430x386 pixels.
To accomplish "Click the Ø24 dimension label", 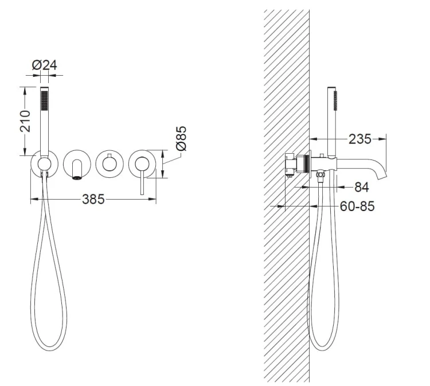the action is [44, 65].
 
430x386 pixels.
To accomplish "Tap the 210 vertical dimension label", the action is [25, 121].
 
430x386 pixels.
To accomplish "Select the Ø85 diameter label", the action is [181, 138].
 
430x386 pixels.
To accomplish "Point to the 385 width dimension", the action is [93, 199].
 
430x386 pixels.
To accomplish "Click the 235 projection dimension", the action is [360, 139].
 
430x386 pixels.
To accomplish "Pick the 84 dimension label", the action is [362, 187].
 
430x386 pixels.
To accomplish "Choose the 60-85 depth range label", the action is [357, 206].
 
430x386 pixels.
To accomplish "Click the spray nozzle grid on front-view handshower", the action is [44, 101].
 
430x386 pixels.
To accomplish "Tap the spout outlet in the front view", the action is [77, 178].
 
